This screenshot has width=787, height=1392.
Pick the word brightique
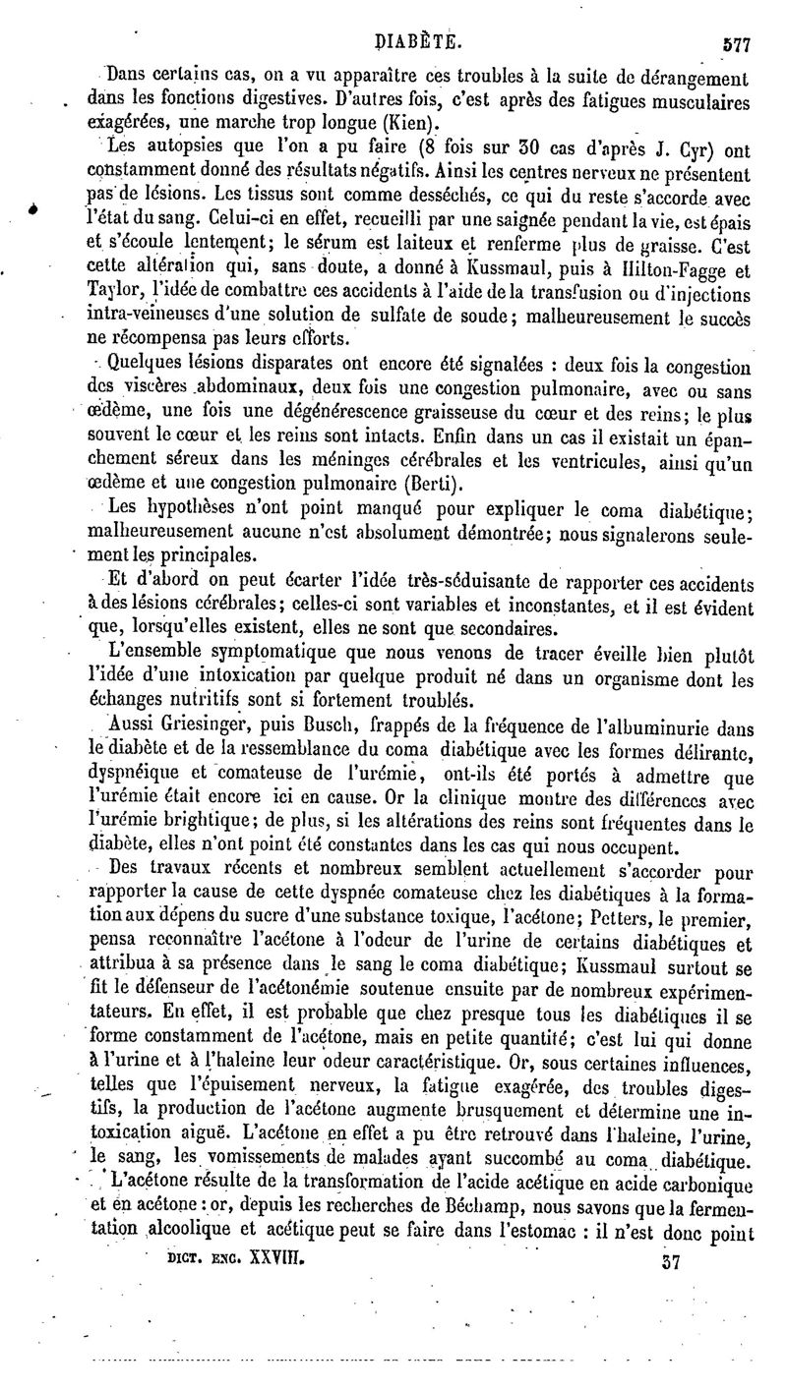244,826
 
